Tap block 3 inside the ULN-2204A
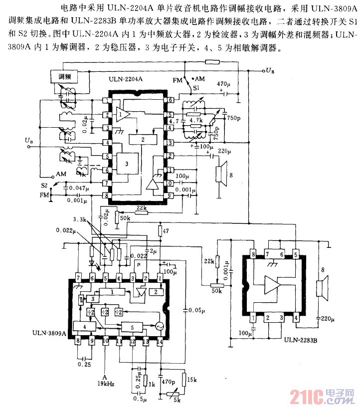(x=127, y=163)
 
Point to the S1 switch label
(x=189, y=88)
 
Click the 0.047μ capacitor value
(x=80, y=189)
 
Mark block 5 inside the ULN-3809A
(x=132, y=327)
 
